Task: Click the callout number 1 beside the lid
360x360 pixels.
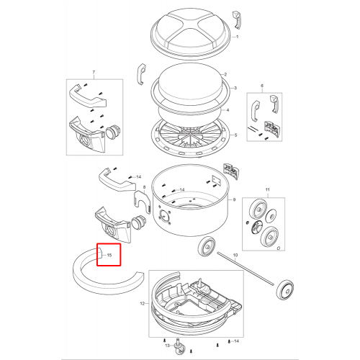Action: click(237, 37)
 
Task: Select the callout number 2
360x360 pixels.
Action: click(225, 74)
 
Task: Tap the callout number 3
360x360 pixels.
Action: click(235, 88)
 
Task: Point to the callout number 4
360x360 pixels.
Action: click(228, 110)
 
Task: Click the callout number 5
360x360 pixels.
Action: click(235, 135)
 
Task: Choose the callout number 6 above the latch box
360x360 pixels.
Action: click(262, 86)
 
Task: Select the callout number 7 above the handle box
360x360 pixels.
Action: click(94, 72)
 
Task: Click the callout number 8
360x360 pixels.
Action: click(144, 187)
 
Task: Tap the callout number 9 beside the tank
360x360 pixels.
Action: click(234, 199)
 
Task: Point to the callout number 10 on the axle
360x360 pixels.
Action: click(235, 255)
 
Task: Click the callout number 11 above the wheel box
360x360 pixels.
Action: click(268, 189)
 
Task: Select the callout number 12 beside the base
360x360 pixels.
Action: click(143, 304)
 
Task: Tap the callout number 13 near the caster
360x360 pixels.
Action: click(167, 346)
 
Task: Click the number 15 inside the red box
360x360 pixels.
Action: click(109, 255)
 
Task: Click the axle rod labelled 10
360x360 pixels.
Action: click(246, 268)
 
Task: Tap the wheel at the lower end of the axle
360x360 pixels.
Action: click(284, 290)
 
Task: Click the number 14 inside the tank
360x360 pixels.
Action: click(182, 190)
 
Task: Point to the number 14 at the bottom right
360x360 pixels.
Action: click(236, 341)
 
